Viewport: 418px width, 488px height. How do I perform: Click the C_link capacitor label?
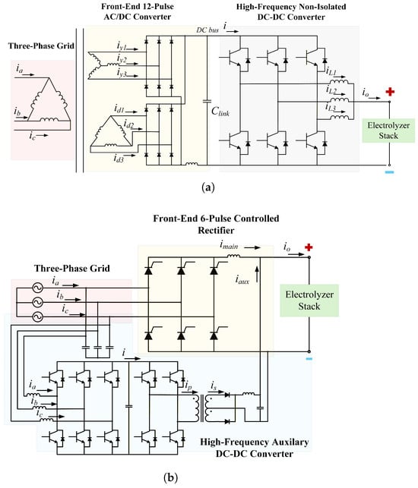(x=220, y=112)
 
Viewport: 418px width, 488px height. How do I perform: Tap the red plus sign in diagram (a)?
(x=390, y=92)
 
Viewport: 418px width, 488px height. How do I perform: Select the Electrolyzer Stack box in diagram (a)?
(x=388, y=131)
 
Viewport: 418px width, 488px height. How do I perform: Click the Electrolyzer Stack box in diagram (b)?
(x=309, y=301)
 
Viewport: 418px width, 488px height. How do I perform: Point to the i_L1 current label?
(x=331, y=71)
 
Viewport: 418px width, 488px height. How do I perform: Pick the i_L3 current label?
(x=331, y=108)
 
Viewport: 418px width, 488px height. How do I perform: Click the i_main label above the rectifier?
(x=229, y=245)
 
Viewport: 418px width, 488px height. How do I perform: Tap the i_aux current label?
(x=242, y=280)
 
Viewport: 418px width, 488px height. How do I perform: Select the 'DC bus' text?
(x=207, y=30)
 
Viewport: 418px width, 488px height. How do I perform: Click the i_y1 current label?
(x=122, y=46)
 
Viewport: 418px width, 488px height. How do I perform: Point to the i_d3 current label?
(x=119, y=159)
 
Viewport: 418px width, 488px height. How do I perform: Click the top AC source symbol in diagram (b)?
(x=38, y=288)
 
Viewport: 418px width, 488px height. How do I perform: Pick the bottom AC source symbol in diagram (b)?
(x=38, y=316)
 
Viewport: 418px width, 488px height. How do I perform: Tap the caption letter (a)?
(x=208, y=187)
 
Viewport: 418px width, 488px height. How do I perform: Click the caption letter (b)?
(x=171, y=477)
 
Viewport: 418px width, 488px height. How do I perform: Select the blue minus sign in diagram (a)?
(x=389, y=172)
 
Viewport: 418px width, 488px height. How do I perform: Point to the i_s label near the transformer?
(x=214, y=386)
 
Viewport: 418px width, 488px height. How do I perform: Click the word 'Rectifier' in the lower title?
(x=216, y=230)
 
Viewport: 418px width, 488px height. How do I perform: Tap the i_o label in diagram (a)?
(x=366, y=93)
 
